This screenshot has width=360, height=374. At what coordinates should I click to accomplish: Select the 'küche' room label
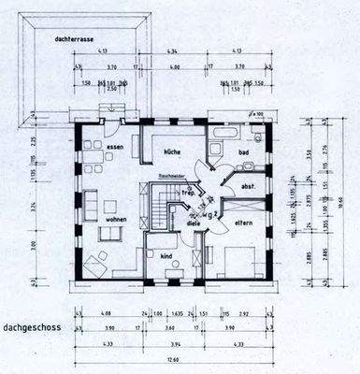coord(172,151)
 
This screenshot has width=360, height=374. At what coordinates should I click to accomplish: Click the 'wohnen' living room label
coord(116,220)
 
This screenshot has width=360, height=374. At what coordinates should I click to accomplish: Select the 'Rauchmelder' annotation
coord(174,177)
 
